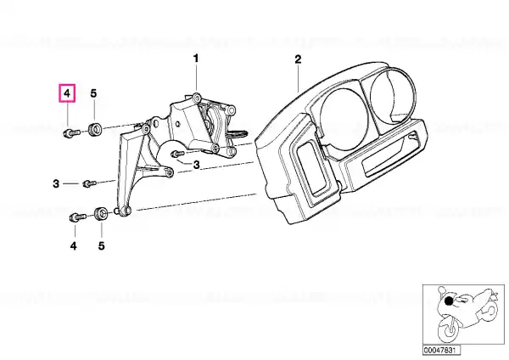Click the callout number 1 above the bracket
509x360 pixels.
[196, 59]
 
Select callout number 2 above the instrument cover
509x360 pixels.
[298, 59]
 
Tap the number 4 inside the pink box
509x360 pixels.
[67, 93]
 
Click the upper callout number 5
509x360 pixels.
[93, 93]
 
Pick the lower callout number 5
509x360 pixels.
[102, 246]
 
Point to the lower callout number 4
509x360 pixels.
[74, 246]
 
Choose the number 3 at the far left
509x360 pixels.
[56, 184]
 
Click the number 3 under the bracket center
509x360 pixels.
[197, 165]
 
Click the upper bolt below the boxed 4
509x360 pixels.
[71, 133]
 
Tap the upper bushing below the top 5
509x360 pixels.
[94, 129]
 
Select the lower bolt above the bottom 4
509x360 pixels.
[77, 217]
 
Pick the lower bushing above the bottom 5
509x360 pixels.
[101, 213]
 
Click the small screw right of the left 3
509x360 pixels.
[90, 183]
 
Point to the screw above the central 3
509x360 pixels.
[177, 153]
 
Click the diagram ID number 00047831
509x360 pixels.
[437, 350]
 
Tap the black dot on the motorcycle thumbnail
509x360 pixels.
[449, 302]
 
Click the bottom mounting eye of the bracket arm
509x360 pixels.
[124, 211]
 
